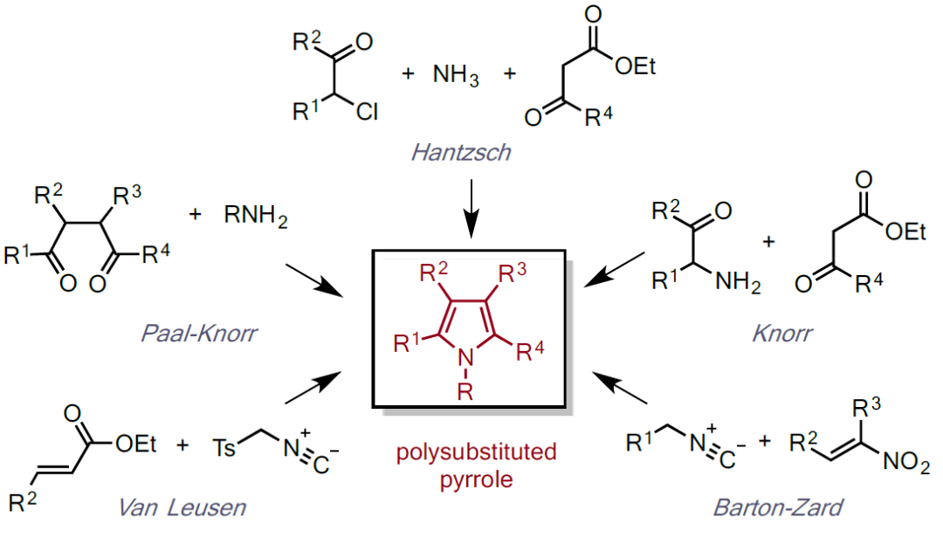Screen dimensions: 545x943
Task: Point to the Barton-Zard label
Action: coord(779,507)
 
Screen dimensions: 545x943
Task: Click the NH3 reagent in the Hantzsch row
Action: coord(456,76)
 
